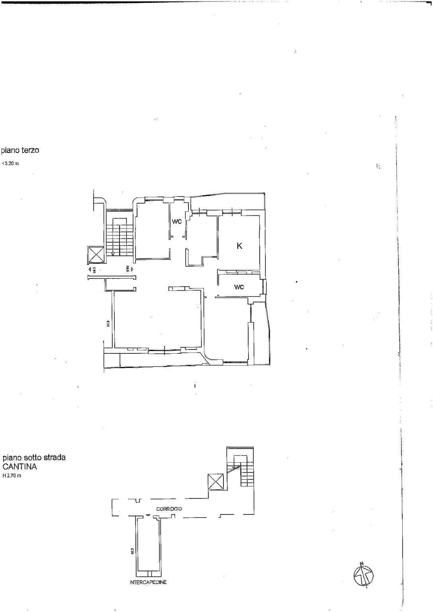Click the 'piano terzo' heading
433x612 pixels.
20,151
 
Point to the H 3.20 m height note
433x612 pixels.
10,163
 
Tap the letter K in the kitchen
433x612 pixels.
239,246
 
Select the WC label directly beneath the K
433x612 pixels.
239,287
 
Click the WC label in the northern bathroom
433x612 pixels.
177,222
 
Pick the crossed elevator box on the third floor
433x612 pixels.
95,255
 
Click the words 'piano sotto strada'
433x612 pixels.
34,457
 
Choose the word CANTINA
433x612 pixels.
20,467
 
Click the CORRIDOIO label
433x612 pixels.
169,509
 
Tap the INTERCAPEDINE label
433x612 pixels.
148,582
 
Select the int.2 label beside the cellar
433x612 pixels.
131,551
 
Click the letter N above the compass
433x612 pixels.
362,563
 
